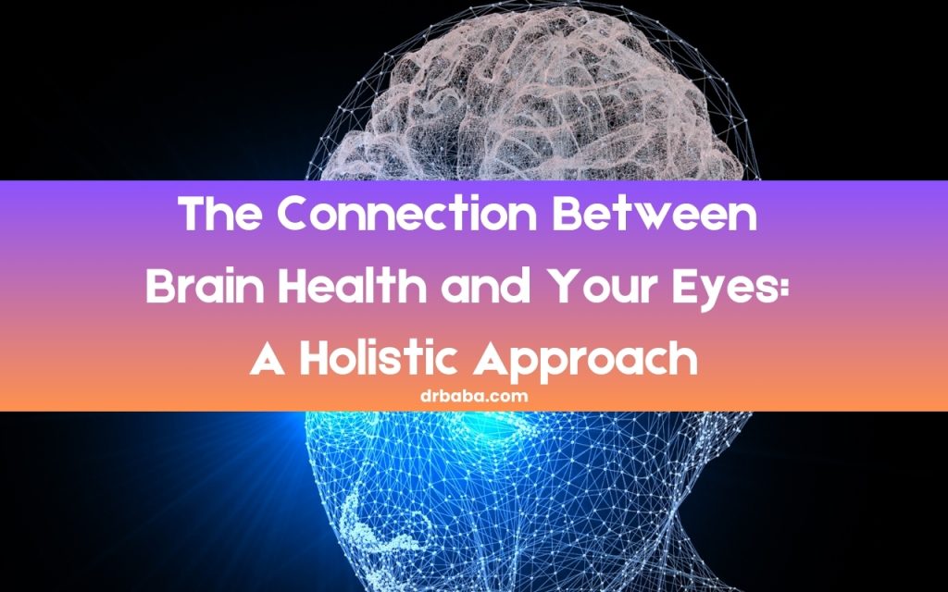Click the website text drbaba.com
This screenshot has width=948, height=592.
pos(473,395)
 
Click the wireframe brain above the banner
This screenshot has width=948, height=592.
pos(546,102)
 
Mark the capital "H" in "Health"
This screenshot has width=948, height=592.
pos(289,288)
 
